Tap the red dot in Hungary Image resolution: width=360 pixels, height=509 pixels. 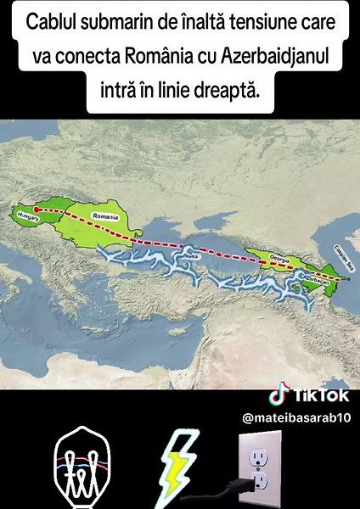coord(36,210)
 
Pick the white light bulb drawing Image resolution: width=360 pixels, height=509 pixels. coord(80,470)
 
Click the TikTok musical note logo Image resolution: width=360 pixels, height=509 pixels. coord(276,396)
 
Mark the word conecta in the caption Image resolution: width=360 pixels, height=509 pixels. coord(89,55)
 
